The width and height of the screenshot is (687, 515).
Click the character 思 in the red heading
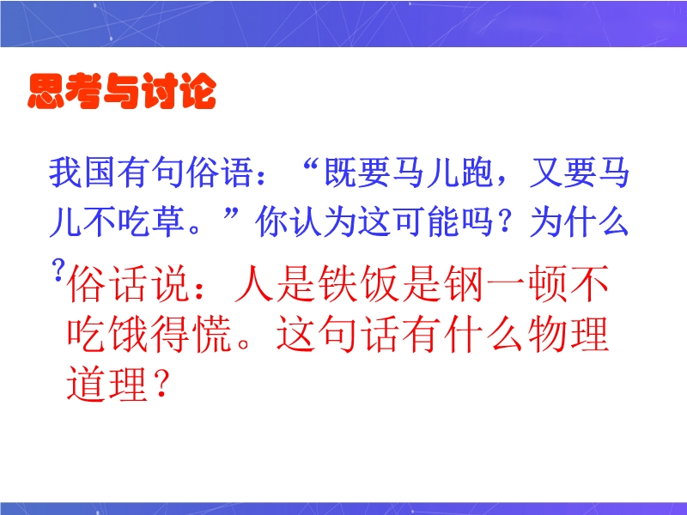tap(46, 91)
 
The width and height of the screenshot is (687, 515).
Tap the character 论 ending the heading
tap(197, 91)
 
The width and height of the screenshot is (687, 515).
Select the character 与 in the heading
tap(122, 91)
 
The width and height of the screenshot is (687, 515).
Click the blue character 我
tap(66, 173)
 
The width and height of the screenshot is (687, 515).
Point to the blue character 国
tap(100, 173)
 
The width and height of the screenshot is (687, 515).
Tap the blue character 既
tap(340, 173)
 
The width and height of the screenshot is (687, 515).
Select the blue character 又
tap(545, 173)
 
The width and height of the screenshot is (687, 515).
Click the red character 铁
tap(337, 284)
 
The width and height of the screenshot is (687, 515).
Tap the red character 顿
tap(548, 284)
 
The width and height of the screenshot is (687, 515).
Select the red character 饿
tap(128, 334)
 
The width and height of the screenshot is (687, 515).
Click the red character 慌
tap(212, 334)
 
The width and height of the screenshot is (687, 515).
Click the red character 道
tap(86, 383)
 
